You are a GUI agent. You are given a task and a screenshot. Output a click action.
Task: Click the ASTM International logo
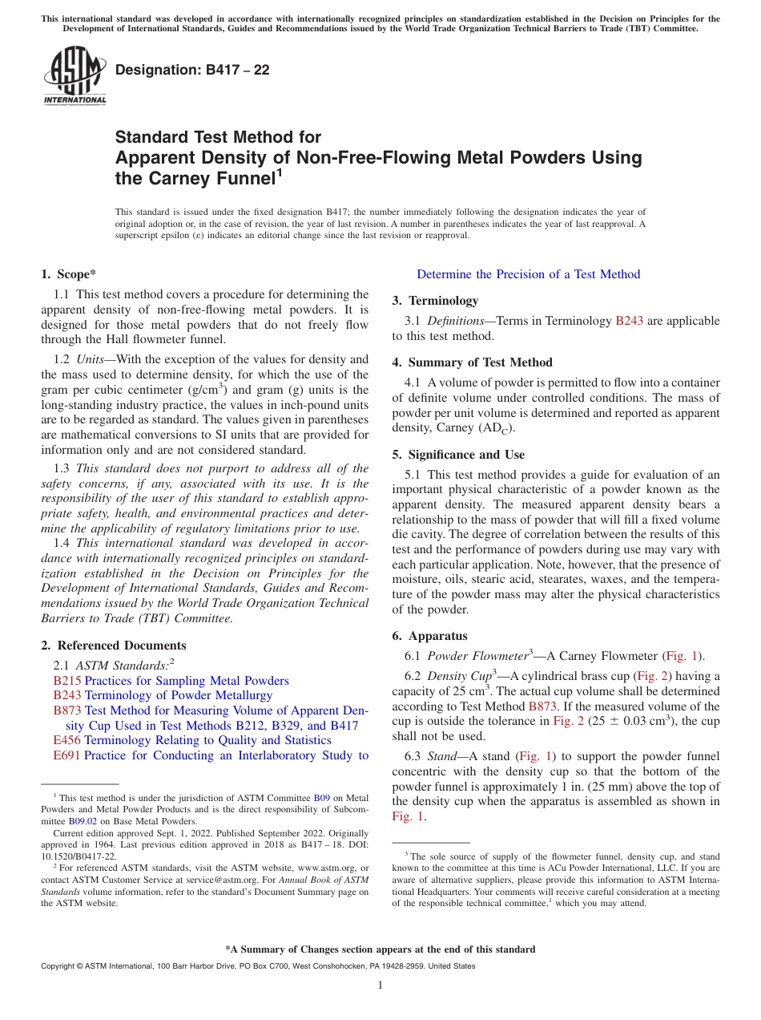click(x=74, y=75)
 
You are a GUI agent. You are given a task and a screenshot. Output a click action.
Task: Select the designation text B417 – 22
click(x=192, y=70)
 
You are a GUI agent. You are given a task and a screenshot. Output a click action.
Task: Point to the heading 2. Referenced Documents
click(x=113, y=646)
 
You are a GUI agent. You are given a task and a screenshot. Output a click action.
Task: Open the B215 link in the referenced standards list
click(x=66, y=681)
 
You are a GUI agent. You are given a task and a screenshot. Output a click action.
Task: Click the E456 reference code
click(x=66, y=740)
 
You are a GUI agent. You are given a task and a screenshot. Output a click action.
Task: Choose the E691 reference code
click(x=66, y=755)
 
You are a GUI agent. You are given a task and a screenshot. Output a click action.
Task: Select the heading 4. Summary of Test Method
click(x=472, y=362)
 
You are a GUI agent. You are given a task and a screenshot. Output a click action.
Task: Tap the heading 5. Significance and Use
click(x=458, y=455)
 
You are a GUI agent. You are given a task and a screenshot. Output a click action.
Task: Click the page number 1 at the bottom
click(x=380, y=986)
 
